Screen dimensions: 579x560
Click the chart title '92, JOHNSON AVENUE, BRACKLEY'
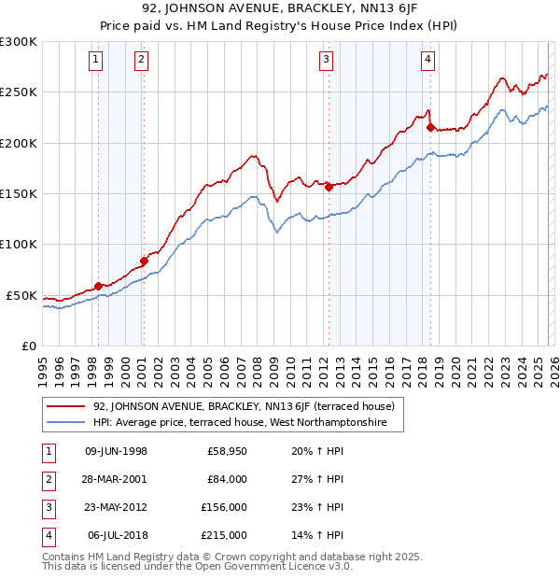click(279, 10)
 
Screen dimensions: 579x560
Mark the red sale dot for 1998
click(98, 286)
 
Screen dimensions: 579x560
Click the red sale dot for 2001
click(144, 261)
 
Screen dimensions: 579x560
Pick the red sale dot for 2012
click(329, 187)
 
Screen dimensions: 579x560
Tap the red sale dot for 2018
click(430, 127)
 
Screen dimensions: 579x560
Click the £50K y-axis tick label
click(21, 295)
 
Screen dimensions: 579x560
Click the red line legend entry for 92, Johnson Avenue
click(244, 406)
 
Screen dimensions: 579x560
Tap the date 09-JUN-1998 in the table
click(116, 451)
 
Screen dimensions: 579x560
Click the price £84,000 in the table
click(227, 479)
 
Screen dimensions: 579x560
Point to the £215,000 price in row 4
click(224, 535)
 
